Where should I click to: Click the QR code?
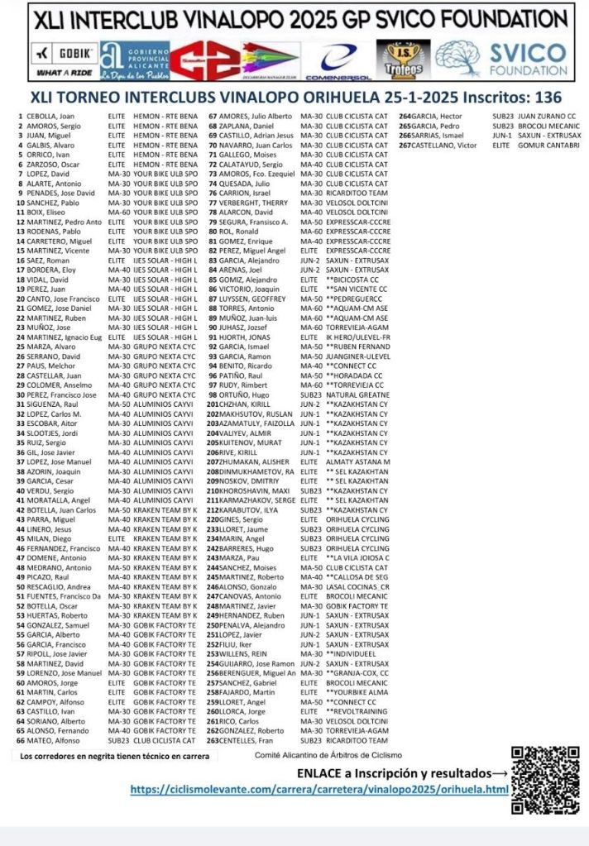[x=544, y=780]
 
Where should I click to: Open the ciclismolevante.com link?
[x=319, y=790]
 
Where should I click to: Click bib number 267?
[x=405, y=145]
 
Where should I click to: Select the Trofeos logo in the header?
[x=404, y=60]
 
